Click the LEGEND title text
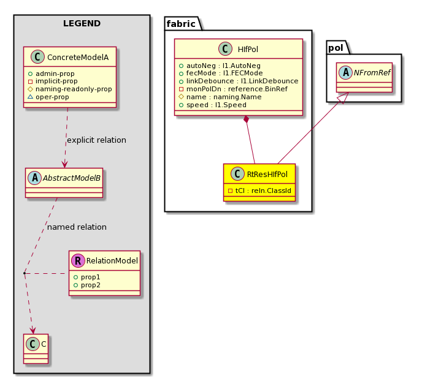point(82,23)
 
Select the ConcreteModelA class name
point(78,57)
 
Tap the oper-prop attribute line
point(48,97)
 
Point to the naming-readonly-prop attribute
point(70,89)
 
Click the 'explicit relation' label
point(97,140)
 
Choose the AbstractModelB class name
point(72,178)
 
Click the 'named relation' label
point(77,227)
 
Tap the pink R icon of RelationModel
point(78,260)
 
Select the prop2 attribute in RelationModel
point(87,285)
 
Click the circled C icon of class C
point(33,344)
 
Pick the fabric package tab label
point(181,24)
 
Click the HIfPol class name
point(248,50)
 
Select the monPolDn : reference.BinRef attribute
point(233,89)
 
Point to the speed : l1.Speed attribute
point(213,105)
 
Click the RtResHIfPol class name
point(267,175)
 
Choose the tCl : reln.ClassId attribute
point(259,191)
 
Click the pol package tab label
point(336,48)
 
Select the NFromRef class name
point(372,72)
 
